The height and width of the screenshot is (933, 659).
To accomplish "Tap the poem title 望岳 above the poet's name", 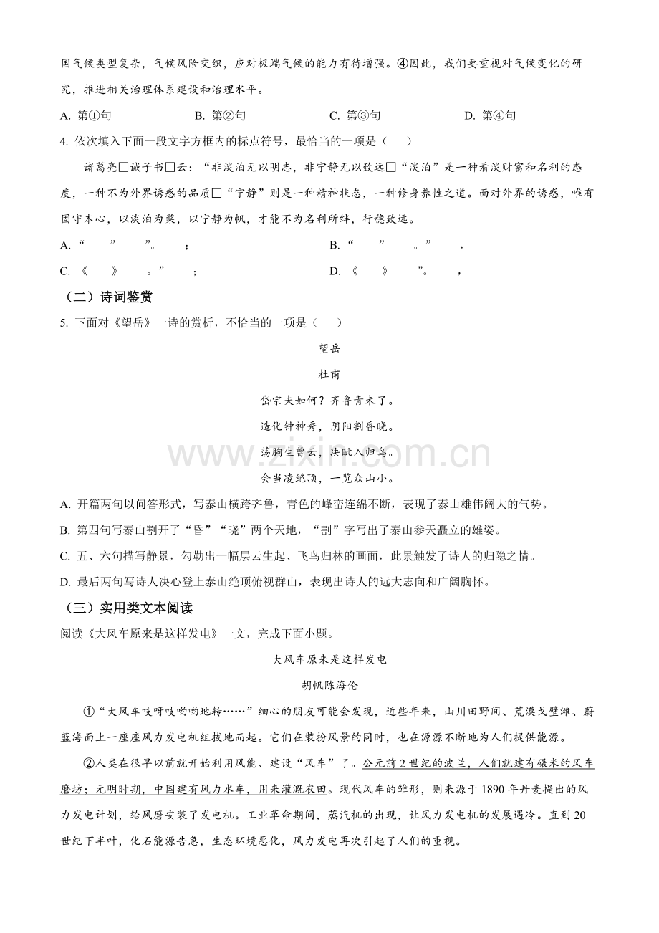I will point(329,348).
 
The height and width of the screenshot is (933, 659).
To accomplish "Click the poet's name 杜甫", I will point(329,374).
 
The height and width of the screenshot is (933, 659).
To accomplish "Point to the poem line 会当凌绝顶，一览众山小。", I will point(329,477).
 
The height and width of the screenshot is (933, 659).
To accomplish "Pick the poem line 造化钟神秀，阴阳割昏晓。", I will point(329,426).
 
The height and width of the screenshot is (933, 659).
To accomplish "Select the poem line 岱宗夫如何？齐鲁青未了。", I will point(329,400).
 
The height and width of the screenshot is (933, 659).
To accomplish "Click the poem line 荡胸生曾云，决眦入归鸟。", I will point(329,451).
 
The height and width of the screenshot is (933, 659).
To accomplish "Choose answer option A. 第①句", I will point(86,115).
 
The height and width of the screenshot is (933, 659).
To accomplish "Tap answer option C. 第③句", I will point(355,115).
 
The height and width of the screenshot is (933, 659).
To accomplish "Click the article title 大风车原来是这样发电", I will point(329,659).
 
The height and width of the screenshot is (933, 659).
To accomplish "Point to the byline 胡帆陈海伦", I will point(329,685).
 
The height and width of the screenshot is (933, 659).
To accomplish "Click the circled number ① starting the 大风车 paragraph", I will point(90,712).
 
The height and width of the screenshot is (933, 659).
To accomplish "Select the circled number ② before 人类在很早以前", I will point(90,764).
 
